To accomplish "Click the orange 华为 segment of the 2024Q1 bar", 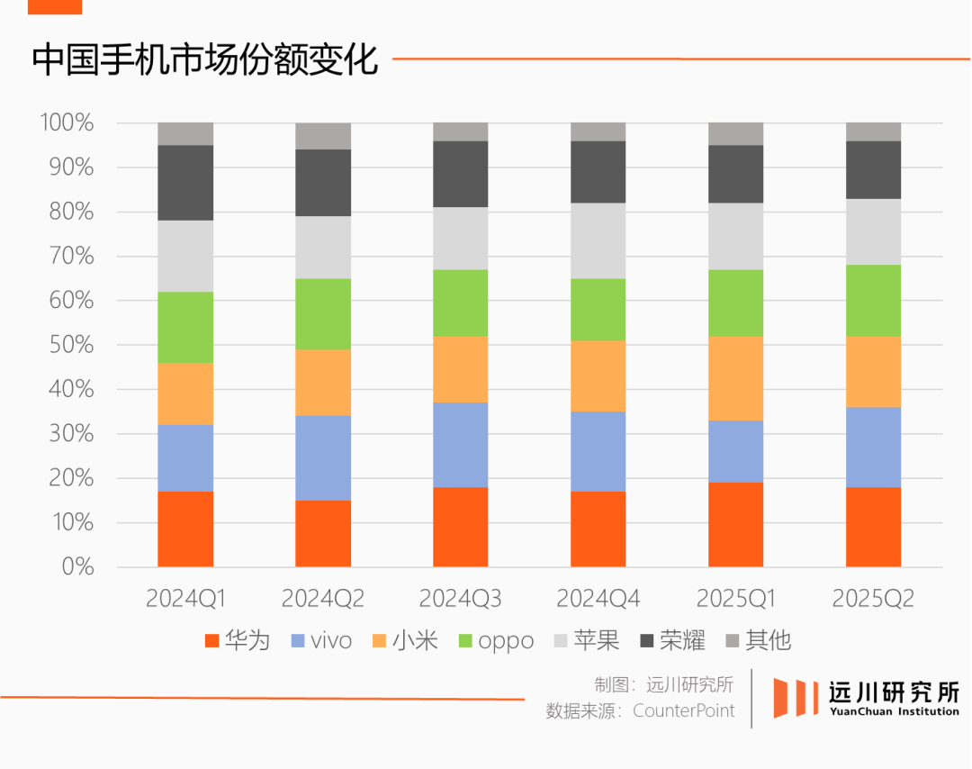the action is tap(185, 529).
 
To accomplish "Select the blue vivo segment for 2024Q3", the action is tap(461, 445).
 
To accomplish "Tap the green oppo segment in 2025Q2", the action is tap(873, 301).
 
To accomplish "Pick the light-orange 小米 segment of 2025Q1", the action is tap(736, 378).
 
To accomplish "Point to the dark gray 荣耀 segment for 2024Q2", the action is tap(323, 183).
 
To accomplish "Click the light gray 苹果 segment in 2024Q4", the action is tap(598, 240).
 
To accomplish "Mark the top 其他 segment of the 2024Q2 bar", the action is tap(323, 136).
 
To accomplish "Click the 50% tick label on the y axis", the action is tap(71, 345).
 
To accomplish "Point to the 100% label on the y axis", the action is tap(67, 122).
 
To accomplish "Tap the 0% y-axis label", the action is tap(78, 566).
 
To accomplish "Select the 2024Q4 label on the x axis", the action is tap(598, 599).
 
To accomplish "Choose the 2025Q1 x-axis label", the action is tap(736, 599).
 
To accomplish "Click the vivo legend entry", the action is tap(321, 640).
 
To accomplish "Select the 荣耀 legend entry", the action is tap(672, 640).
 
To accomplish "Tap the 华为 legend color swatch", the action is tap(212, 641).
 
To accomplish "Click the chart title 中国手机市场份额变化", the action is tap(204, 59).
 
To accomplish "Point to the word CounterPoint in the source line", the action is tap(683, 710).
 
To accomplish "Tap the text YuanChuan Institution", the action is tap(895, 711).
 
